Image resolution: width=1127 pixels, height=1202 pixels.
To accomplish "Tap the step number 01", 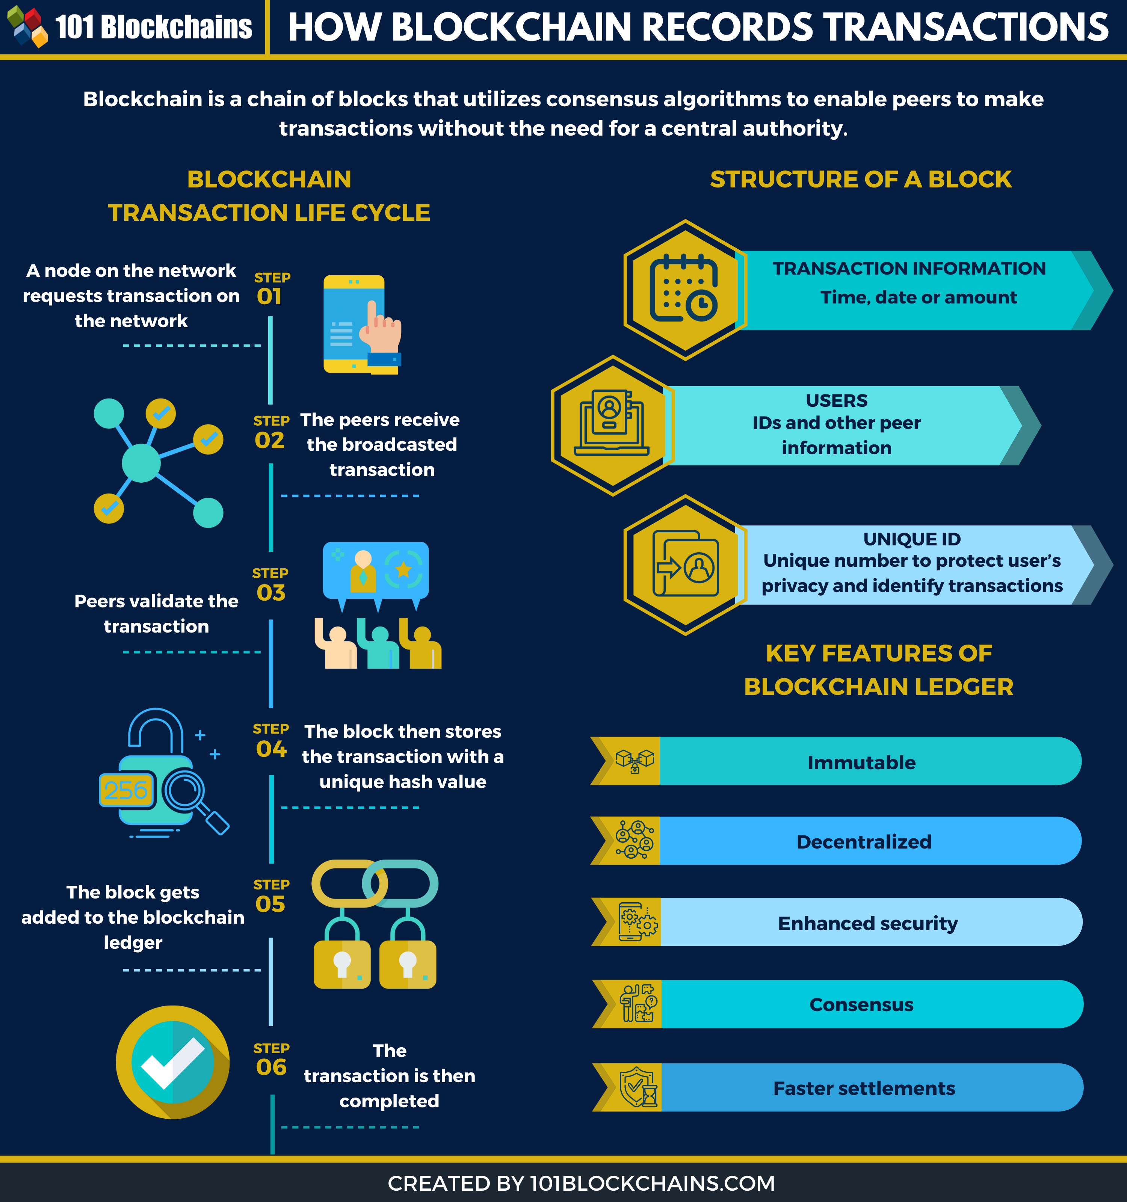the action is point(269,296).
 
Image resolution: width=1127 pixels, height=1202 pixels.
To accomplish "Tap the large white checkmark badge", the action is point(173,1062).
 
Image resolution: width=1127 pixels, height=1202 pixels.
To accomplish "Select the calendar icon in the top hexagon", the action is point(684,288).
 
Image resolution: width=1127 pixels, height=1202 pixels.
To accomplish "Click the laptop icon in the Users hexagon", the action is point(611,423).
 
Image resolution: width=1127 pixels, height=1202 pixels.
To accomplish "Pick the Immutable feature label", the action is point(861,763).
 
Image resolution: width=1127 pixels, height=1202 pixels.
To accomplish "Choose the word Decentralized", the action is point(864,842).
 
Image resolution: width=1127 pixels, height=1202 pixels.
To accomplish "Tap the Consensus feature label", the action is point(861,1004).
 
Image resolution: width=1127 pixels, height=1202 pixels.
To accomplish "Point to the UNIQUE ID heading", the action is point(912,539).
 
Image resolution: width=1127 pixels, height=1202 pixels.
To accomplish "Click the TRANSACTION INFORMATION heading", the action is point(909,269).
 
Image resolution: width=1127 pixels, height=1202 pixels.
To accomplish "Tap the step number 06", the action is point(271,1067).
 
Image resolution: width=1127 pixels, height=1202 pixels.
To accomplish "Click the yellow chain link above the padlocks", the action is point(349,883).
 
